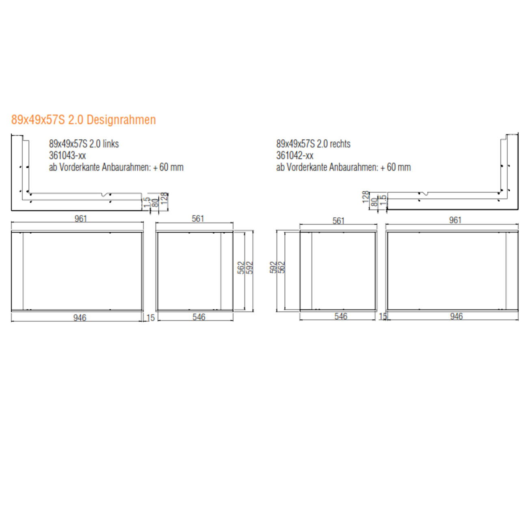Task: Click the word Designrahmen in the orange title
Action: click(x=121, y=120)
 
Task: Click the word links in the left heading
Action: click(x=110, y=144)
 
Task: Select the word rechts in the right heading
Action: click(x=340, y=144)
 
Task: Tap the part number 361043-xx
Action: click(x=67, y=156)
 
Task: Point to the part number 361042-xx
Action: click(x=295, y=156)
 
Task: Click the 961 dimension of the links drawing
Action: click(x=80, y=219)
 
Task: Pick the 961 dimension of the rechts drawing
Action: click(x=455, y=220)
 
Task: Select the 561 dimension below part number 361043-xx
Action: click(x=198, y=219)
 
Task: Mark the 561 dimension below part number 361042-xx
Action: click(x=338, y=221)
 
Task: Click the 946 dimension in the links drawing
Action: click(x=80, y=318)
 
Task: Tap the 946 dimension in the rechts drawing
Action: click(x=456, y=316)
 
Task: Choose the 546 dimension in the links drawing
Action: click(x=199, y=317)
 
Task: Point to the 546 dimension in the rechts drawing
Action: click(x=341, y=316)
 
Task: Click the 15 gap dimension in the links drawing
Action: click(x=151, y=318)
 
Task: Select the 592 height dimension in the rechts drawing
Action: click(x=273, y=267)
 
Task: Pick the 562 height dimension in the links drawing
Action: click(x=241, y=268)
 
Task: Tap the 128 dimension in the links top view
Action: click(x=164, y=198)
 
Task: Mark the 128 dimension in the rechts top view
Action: click(x=366, y=197)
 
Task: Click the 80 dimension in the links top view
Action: click(x=155, y=202)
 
